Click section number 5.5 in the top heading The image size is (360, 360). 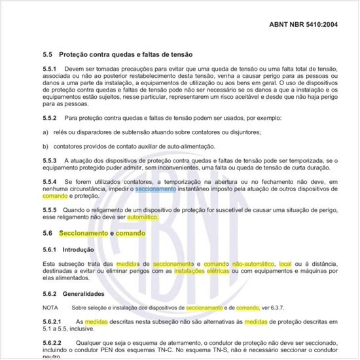pyautogui.click(x=46, y=54)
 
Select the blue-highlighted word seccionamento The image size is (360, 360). pyautogui.click(x=155, y=189)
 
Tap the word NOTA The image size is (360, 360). pyautogui.click(x=50, y=306)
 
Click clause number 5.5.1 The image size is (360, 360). pyautogui.click(x=49, y=68)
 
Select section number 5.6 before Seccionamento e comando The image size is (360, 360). pyautogui.click(x=46, y=233)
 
